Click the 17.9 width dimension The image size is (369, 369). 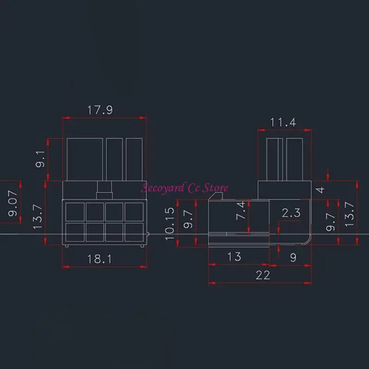tap(100, 110)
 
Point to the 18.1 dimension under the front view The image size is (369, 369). tap(100, 258)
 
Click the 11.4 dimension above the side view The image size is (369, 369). tap(283, 122)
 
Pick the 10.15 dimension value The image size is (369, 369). tap(170, 224)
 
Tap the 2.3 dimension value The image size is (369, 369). tap(291, 213)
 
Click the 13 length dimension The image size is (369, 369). tap(234, 256)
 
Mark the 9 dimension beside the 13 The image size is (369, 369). tap(294, 258)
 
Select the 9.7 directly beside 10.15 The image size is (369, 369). tap(187, 219)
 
